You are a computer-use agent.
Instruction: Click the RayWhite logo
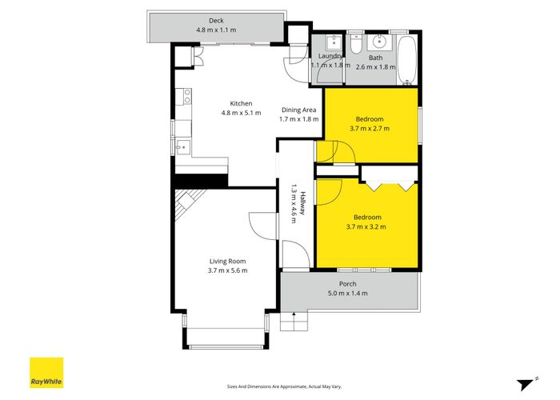coord(46,372)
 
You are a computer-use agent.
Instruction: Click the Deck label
coord(215,20)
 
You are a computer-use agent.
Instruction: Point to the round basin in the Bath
coord(380,42)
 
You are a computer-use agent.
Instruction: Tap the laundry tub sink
coord(330,43)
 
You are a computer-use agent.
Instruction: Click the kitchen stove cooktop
coord(186,97)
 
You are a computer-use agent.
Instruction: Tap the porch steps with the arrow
coord(296,321)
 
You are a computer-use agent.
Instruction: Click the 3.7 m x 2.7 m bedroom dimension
coord(369,127)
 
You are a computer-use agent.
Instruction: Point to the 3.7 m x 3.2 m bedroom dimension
coord(368,226)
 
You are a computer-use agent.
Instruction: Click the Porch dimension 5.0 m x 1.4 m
coord(347,294)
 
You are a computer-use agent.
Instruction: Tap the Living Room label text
coord(227,261)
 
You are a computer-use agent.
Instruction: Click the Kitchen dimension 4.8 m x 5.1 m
coord(242,113)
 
